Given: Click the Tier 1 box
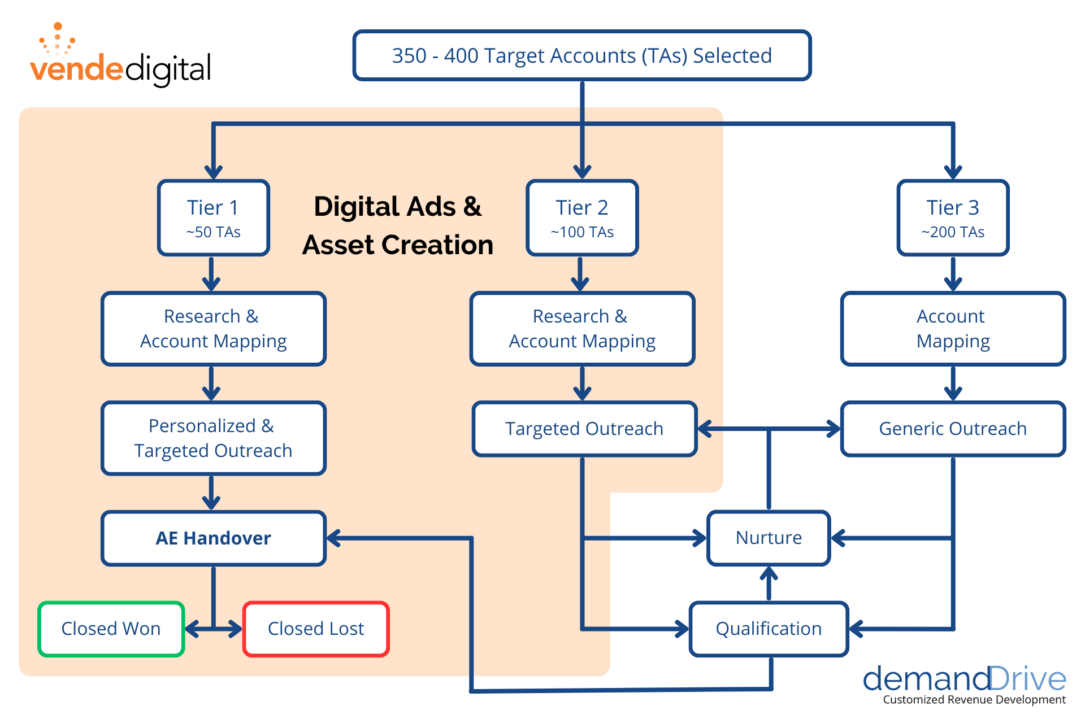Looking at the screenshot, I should tap(213, 217).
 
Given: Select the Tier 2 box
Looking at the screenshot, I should tap(582, 217).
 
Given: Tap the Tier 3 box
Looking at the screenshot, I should tap(953, 217).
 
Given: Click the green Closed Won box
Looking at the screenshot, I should tap(111, 629).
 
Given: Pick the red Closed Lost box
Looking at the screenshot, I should tap(316, 629).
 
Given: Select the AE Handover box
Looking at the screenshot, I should tap(214, 538).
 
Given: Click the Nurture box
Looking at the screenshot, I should tap(769, 538).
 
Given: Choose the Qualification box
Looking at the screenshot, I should tap(769, 629).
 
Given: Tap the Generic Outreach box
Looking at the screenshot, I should tap(953, 429).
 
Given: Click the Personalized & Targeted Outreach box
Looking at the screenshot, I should tap(214, 438).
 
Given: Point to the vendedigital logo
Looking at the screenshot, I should tap(120, 59).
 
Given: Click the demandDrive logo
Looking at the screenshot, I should tap(964, 680).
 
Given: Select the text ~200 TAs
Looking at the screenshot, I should tap(953, 232).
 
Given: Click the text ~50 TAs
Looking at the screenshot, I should tap(213, 232).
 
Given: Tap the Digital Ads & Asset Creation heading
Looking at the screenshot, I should tap(398, 225).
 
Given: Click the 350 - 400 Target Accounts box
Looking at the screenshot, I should tap(582, 55).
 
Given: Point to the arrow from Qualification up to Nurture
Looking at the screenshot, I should tap(769, 583).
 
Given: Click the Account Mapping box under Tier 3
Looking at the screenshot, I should tap(953, 329).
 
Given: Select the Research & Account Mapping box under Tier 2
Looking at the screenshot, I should tap(582, 329).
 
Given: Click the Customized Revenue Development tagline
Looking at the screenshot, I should tap(974, 700).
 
